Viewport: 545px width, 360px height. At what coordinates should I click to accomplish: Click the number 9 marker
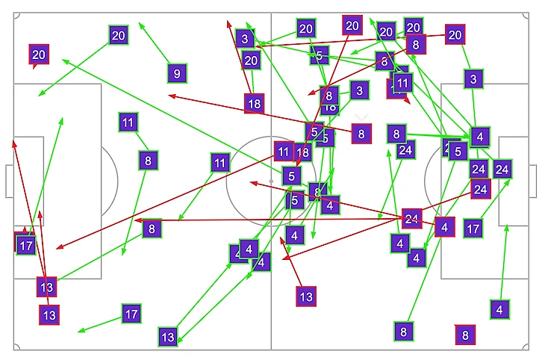[x=176, y=73]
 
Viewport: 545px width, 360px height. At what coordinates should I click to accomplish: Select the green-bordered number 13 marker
[x=168, y=337]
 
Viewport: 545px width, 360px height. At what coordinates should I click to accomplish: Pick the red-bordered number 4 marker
[x=445, y=226]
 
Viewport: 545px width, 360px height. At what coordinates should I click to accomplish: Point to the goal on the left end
[x=8, y=181]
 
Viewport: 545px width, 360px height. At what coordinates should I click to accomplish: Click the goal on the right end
[x=532, y=181]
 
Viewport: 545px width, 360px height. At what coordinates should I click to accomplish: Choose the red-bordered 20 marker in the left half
[x=39, y=54]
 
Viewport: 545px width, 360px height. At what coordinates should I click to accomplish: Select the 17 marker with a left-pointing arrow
[x=131, y=314]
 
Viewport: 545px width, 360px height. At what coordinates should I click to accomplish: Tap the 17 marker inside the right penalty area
[x=473, y=228]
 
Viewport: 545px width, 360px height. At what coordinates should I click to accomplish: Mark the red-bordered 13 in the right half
[x=306, y=296]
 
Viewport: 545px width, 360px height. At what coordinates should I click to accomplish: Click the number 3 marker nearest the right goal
[x=473, y=78]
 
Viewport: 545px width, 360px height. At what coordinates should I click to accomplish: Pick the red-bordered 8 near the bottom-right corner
[x=465, y=335]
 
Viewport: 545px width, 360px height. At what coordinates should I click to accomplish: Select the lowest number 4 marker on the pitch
[x=500, y=308]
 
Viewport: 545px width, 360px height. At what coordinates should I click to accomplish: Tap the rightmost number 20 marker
[x=455, y=34]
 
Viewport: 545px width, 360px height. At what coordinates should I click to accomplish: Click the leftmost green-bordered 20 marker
[x=118, y=34]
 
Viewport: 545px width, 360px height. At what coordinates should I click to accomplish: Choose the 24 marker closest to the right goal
[x=502, y=169]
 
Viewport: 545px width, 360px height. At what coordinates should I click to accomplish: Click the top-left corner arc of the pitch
[x=16, y=13]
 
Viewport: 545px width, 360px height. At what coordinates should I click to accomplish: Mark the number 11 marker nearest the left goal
[x=128, y=122]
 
